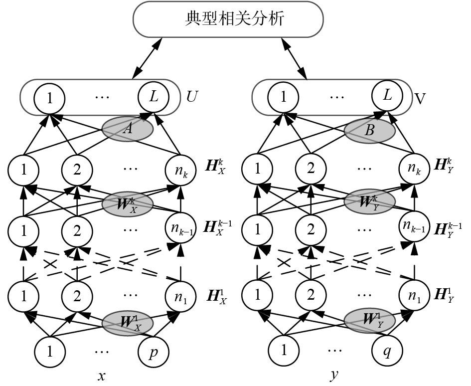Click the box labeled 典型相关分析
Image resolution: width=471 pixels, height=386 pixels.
(228, 19)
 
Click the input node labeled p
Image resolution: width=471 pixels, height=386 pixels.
(152, 351)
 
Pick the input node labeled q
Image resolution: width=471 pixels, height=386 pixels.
(385, 351)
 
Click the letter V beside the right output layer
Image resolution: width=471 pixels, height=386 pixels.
(420, 97)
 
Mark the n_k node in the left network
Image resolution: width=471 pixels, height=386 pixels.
(180, 171)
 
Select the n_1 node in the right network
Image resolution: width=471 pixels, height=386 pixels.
(413, 294)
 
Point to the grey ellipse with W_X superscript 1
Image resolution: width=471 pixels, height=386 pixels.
(127, 321)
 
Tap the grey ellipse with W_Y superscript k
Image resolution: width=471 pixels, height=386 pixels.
(370, 201)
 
